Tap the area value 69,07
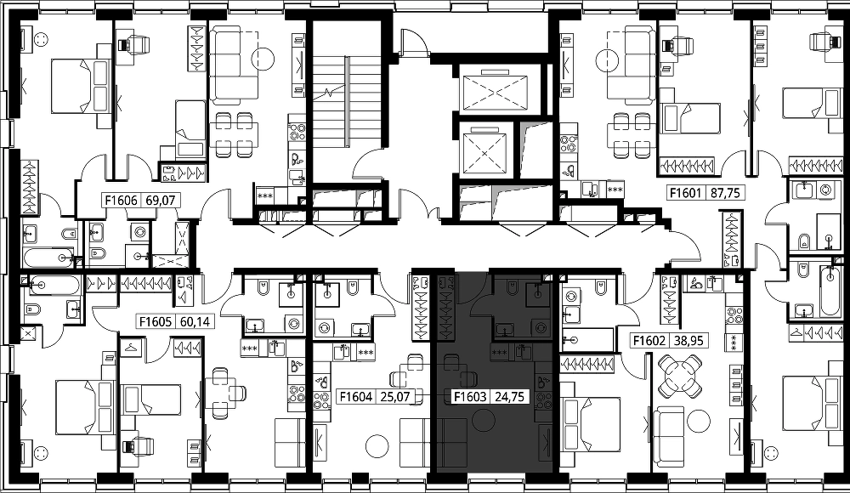(161, 201)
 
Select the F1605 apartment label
(156, 321)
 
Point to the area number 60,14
(195, 321)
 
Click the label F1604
(356, 397)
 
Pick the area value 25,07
(395, 397)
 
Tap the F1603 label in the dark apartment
(470, 397)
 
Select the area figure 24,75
(509, 397)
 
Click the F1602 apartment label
(649, 341)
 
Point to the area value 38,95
(688, 341)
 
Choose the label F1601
(686, 193)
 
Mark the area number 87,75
(725, 193)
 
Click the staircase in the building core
(345, 103)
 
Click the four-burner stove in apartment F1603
(543, 399)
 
